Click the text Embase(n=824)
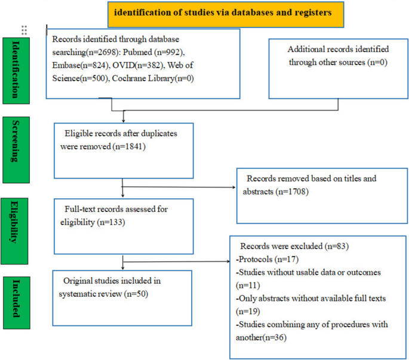(x=79, y=66)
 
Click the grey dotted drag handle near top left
(x=24, y=30)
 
